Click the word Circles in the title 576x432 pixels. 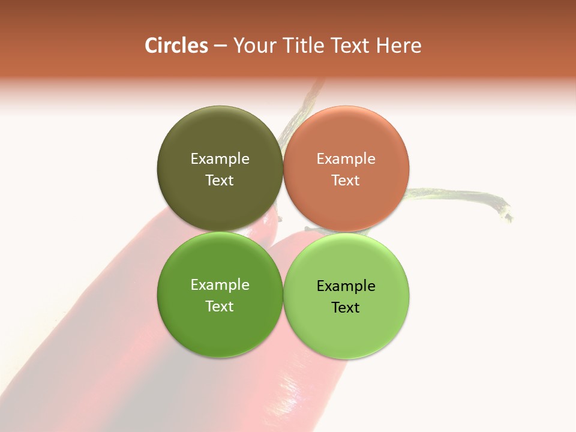(x=176, y=46)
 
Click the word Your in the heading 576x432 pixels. (x=254, y=46)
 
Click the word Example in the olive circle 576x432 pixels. (x=220, y=158)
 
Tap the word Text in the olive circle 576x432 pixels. (x=220, y=180)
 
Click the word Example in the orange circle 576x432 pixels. (x=346, y=158)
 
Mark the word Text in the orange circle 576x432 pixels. (x=346, y=180)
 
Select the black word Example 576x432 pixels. (x=346, y=286)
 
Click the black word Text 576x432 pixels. (x=346, y=307)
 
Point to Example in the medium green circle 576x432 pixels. (x=220, y=284)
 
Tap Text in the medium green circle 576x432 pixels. (x=220, y=306)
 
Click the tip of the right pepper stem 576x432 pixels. (x=509, y=215)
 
